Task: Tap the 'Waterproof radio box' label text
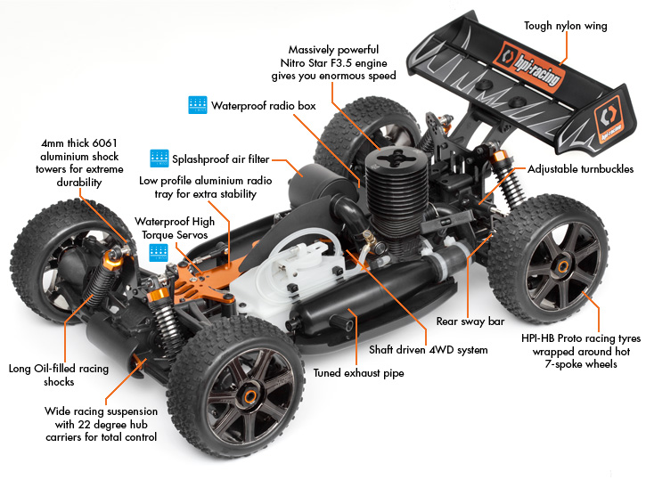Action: pyautogui.click(x=263, y=105)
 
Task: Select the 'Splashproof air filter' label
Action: pyautogui.click(x=220, y=159)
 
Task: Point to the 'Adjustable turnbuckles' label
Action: pyautogui.click(x=580, y=168)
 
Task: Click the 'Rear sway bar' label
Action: pyautogui.click(x=465, y=321)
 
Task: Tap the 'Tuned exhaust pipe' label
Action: pyautogui.click(x=358, y=373)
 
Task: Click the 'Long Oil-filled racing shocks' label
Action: pyautogui.click(x=58, y=375)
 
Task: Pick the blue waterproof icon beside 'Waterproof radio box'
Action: pyautogui.click(x=197, y=104)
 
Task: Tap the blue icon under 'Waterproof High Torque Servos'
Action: pyautogui.click(x=159, y=250)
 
